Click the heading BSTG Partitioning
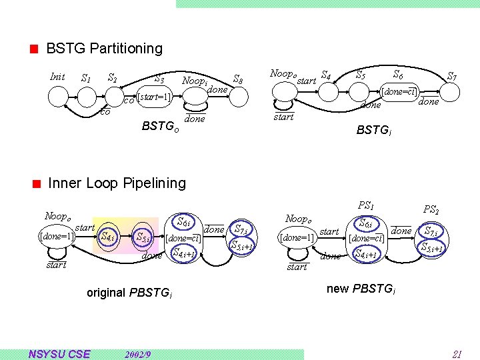104,49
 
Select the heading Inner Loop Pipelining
117,183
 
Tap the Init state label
58,77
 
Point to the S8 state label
237,81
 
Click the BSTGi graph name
373,131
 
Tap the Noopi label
195,80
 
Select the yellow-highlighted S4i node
107,236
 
